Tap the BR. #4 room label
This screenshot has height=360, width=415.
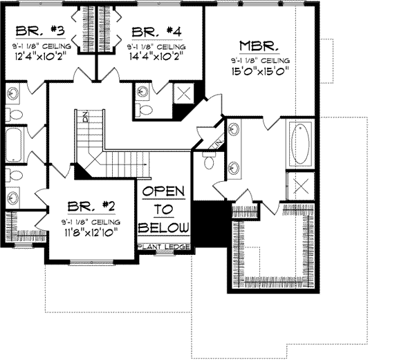coord(156,31)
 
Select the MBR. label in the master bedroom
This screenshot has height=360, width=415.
coord(259,46)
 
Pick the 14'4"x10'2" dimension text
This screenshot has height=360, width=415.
coord(156,57)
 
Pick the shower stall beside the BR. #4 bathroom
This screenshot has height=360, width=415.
coord(185,93)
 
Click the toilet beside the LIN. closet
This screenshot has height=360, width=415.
coord(208,160)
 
